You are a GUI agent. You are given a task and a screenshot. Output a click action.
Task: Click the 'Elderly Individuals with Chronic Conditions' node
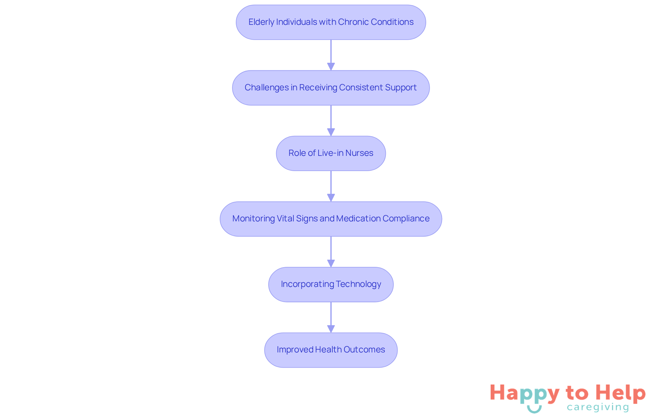click(331, 22)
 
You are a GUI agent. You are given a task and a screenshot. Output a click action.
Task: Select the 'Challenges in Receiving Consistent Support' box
click(331, 88)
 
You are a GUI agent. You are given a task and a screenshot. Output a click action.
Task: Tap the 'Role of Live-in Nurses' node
click(331, 153)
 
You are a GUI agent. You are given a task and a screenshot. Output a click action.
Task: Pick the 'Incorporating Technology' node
click(331, 284)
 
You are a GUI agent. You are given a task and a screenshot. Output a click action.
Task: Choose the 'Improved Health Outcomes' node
click(331, 350)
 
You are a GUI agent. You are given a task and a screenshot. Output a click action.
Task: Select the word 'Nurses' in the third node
click(359, 153)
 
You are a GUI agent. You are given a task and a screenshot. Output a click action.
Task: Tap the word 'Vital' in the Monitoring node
click(285, 219)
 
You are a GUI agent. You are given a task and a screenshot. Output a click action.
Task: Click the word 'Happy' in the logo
click(524, 393)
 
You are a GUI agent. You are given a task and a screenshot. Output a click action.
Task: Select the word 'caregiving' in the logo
click(598, 407)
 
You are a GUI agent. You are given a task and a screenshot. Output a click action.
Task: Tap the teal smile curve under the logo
click(534, 410)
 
